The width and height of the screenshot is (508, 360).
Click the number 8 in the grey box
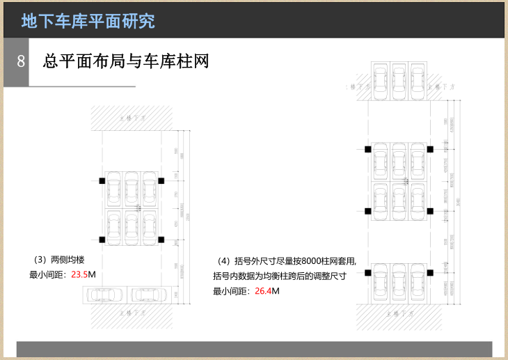[x=21, y=61]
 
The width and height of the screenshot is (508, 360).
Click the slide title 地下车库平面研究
[x=88, y=20]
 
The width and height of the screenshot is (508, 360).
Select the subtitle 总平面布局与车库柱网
[x=126, y=61]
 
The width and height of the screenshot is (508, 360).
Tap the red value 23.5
[x=79, y=274]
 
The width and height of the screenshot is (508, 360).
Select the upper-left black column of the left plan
[x=102, y=181]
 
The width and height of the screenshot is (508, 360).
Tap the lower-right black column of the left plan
[x=161, y=240]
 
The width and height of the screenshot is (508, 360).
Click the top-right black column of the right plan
[x=430, y=149]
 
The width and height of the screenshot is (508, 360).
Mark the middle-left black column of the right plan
[x=367, y=210]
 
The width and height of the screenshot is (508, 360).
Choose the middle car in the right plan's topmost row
[x=399, y=79]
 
